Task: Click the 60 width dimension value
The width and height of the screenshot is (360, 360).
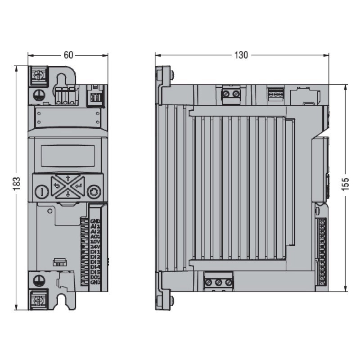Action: coord(68,55)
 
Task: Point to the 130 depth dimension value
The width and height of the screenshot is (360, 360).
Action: coord(241,55)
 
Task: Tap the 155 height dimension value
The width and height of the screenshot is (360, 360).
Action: coord(345,185)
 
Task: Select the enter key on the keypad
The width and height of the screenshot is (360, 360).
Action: coord(79,185)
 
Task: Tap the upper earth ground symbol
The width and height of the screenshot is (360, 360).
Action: coord(39,95)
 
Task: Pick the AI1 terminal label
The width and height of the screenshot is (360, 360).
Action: coord(94,226)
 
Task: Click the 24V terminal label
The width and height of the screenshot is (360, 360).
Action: coord(94,246)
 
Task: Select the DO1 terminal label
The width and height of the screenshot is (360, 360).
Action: coord(94,277)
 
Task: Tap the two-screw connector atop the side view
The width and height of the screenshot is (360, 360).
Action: coord(231,94)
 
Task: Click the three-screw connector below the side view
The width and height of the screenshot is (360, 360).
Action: coord(219,282)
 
